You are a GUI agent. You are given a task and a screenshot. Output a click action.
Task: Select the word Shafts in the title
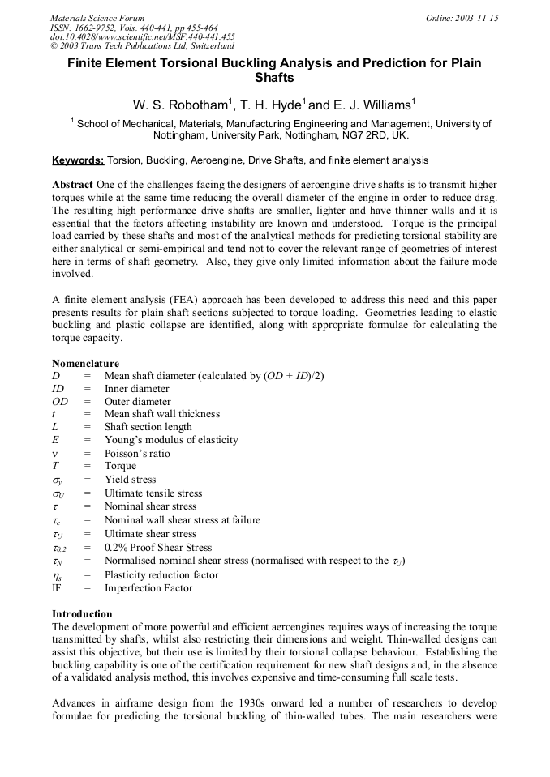(x=274, y=79)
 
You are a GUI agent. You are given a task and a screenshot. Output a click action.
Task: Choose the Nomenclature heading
(x=85, y=364)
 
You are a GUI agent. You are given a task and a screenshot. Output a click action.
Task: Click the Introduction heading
(x=82, y=614)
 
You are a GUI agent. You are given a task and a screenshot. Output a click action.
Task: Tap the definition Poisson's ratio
(x=137, y=454)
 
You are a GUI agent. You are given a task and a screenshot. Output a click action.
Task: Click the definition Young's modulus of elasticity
(x=171, y=440)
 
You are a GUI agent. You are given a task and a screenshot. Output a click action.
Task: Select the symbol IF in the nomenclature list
(x=57, y=588)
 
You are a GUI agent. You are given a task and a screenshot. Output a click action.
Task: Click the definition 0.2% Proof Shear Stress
(x=158, y=548)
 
